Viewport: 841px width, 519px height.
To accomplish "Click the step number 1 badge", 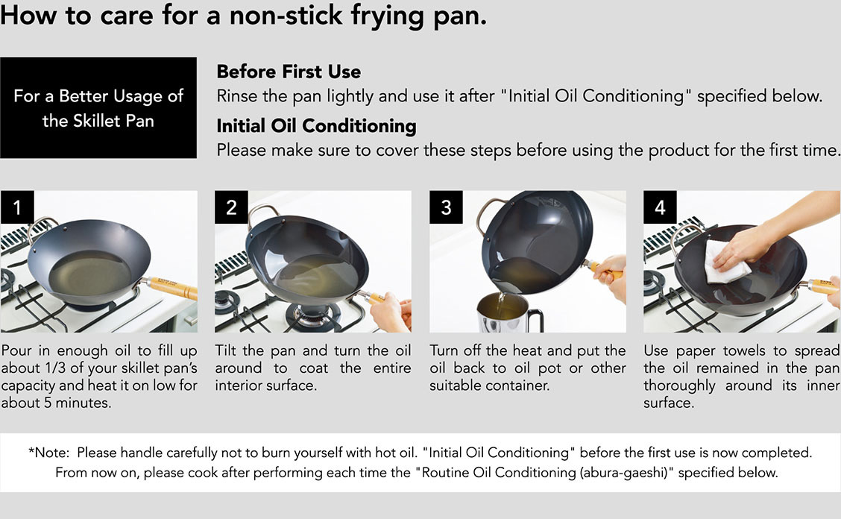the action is coord(17,207).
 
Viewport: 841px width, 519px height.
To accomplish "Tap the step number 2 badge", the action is coord(231,207).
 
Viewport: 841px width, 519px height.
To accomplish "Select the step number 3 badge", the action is coord(446,207).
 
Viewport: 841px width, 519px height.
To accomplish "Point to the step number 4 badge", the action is coord(660,207).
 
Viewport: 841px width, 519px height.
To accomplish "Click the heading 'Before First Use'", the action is coord(289,72).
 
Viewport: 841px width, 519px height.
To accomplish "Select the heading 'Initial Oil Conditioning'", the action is coord(316,125).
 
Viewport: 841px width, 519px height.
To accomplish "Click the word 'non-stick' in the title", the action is coord(286,15).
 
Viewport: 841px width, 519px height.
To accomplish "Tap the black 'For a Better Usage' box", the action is coord(98,108).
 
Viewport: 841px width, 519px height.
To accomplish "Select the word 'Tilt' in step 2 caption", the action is coord(226,350).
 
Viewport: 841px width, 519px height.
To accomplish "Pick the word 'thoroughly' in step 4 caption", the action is coord(679,386).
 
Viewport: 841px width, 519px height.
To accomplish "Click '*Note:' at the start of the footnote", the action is coord(48,453).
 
